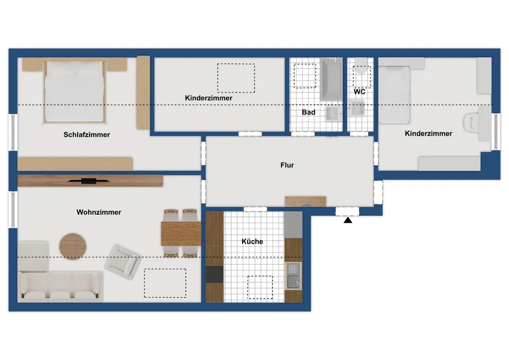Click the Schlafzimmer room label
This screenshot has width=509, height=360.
point(86,135)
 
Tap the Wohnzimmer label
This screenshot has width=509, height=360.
point(99,212)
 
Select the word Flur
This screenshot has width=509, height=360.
point(287,165)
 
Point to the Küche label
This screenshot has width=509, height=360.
point(252,242)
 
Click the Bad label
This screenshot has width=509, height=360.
point(309,112)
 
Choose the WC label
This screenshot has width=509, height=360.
point(359,92)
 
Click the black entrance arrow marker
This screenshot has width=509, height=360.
point(348,220)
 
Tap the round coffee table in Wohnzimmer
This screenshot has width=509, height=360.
point(73,247)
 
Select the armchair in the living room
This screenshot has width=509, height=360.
point(122,261)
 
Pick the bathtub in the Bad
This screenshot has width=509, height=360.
point(331,79)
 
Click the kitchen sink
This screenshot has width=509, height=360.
point(293,276)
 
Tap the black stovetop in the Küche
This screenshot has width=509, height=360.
point(215,274)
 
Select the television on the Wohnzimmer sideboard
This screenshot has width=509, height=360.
point(89,181)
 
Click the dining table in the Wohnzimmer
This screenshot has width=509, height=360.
point(181,234)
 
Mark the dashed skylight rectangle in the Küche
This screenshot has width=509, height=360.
point(260,287)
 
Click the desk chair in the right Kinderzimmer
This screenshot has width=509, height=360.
point(470,122)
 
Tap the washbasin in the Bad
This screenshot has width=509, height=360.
point(334,114)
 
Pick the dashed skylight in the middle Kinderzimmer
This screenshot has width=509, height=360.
point(236,78)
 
